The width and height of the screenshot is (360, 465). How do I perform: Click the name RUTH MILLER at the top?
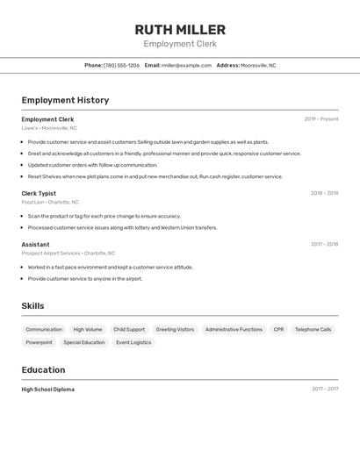[180, 30]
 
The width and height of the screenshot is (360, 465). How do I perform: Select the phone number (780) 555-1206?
[121, 65]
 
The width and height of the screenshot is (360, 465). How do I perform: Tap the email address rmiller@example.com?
[186, 65]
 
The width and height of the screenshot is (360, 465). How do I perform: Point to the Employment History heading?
[65, 100]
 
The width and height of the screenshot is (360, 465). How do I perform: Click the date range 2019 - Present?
[321, 119]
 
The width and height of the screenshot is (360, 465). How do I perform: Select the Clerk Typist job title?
[39, 193]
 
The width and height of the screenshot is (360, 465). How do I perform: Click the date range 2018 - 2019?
[324, 193]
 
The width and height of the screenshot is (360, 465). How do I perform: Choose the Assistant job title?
[35, 245]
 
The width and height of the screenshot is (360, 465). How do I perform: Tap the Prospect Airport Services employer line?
[68, 254]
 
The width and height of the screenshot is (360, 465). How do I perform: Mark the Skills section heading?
[32, 306]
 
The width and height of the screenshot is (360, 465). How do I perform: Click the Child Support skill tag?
[129, 330]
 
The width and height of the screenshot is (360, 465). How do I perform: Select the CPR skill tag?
[278, 330]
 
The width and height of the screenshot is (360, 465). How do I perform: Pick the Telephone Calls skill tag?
[313, 330]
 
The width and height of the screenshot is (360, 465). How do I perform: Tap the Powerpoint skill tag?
[39, 343]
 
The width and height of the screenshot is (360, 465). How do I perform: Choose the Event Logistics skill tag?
[133, 343]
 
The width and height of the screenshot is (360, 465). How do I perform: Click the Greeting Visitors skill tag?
[175, 330]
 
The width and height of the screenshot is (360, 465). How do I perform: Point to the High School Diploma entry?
[48, 390]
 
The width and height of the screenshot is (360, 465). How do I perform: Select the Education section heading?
[43, 370]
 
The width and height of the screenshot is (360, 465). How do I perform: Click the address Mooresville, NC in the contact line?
[258, 65]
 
